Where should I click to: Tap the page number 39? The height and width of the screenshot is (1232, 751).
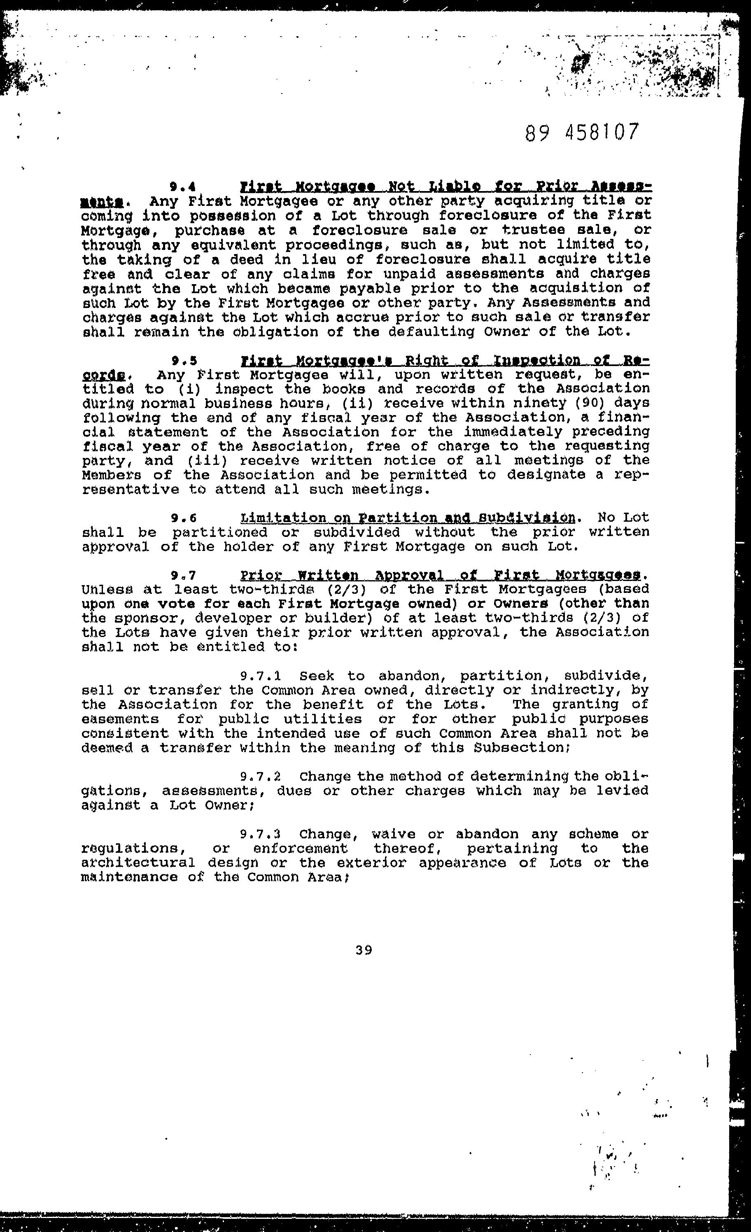click(x=364, y=950)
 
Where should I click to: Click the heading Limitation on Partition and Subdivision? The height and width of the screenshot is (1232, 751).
click(x=407, y=518)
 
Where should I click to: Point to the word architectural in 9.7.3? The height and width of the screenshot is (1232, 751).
click(x=138, y=863)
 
